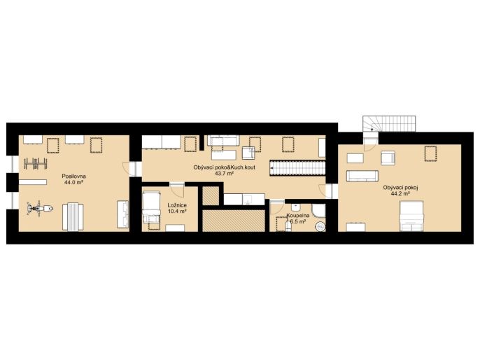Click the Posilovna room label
click(73, 176)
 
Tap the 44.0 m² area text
click(73, 182)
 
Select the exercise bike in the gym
click(39, 209)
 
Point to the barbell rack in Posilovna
click(36, 163)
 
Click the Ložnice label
click(177, 205)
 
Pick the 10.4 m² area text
click(177, 211)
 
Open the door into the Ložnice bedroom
click(177, 189)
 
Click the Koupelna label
click(297, 216)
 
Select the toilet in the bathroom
click(288, 226)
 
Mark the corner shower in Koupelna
click(318, 211)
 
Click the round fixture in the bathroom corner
click(320, 226)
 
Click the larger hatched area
click(234, 221)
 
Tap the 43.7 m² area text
click(224, 174)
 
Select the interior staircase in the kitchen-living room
click(297, 168)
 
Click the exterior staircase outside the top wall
click(389, 123)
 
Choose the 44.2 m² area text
click(400, 193)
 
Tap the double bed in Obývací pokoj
click(411, 216)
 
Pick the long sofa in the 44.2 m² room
click(362, 176)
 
